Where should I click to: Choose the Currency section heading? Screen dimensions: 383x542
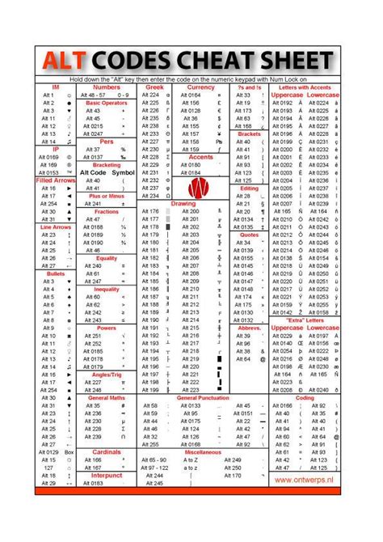200,86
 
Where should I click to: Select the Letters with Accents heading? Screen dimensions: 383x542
305,86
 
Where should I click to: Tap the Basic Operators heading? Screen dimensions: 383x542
107,104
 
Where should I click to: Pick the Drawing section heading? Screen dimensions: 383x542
182,204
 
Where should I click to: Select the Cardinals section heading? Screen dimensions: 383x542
107,451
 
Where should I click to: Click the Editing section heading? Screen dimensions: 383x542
249,187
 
